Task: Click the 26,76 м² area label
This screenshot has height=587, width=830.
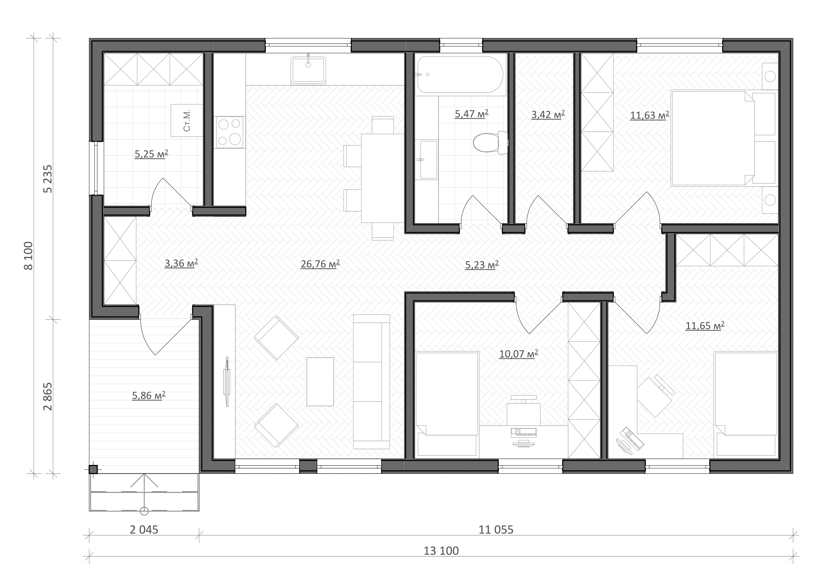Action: coord(320,264)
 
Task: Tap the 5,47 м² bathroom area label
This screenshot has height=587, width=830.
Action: coord(471,114)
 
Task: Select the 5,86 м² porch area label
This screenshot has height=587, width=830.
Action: coord(149,395)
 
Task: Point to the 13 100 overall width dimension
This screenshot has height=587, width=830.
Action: coord(441,550)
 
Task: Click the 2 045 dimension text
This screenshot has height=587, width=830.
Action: coord(144,530)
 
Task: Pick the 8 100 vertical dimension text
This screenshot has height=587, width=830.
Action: coord(28,256)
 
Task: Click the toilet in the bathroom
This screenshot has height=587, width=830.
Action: coord(490,142)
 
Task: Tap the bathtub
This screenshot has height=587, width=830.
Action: coord(460,75)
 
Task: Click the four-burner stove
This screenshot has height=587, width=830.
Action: coord(230,132)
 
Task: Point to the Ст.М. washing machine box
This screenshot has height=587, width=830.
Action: coord(187,120)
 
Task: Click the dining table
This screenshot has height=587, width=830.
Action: coord(383,178)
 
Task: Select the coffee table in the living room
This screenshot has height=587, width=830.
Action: coord(320,382)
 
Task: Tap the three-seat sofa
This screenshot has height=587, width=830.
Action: coord(371,382)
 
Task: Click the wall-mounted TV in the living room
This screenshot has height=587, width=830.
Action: coord(227,382)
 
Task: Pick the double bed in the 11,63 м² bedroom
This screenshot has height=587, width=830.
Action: coord(723,138)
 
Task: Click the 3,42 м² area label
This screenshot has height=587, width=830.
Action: coord(548,115)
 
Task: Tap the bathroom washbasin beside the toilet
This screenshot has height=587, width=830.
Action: coord(429,160)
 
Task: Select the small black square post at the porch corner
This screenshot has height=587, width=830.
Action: coord(93,470)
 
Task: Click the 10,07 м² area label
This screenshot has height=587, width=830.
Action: coord(518,354)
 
